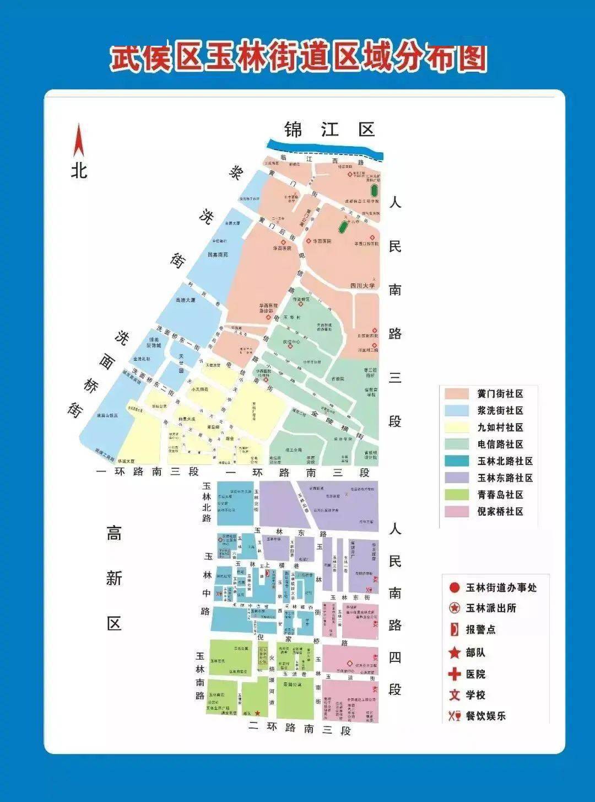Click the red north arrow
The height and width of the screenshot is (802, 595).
pos(79,141)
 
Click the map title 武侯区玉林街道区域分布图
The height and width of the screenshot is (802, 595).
pos(298,58)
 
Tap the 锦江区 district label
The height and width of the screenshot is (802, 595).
pos(329,130)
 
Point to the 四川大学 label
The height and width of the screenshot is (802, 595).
pos(363,286)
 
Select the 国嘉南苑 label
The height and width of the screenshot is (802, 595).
pos(218,255)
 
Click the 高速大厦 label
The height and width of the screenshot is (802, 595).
pos(185,300)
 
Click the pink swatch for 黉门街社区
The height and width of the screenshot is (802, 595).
pos(456,394)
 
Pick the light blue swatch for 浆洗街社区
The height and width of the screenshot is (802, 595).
pos(456,410)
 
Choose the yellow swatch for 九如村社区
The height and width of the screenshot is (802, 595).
pos(456,427)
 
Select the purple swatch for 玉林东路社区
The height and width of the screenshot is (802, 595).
pos(456,478)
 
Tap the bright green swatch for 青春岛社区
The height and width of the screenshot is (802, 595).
pos(456,495)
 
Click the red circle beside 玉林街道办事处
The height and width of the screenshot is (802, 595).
pos(455,588)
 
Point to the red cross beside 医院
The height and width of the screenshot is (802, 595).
pos(455,674)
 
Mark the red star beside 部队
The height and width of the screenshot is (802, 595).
pos(455,653)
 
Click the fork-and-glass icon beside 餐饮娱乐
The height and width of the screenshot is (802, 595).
pos(455,716)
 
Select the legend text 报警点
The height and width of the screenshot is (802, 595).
pos(481,629)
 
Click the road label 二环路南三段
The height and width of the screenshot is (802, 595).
pos(299,729)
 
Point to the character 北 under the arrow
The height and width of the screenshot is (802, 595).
pos(79,170)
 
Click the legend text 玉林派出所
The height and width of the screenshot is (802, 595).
pos(491,608)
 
